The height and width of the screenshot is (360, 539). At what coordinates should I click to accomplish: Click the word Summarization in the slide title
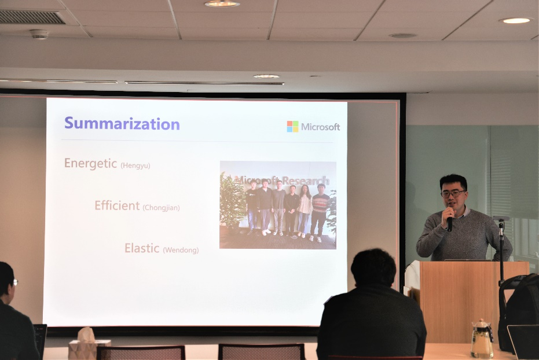coord(122,124)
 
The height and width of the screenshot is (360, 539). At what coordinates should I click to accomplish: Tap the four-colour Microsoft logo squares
coord(292,126)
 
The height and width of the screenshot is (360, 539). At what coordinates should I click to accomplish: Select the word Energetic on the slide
coord(91,164)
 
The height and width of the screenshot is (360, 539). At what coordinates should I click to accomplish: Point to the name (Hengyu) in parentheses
coord(135,166)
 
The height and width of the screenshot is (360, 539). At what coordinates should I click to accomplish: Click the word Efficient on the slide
coord(117,205)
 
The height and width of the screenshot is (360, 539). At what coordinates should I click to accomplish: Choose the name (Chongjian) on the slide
coord(161,207)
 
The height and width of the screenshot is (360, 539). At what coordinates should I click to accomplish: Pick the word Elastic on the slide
coord(142,248)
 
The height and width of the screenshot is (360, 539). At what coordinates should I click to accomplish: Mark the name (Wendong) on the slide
coord(181,250)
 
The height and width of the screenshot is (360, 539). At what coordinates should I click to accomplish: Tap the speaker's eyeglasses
coord(453,193)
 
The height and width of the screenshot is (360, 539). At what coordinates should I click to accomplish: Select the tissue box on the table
coord(89,344)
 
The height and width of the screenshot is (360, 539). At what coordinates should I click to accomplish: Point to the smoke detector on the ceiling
coord(39,34)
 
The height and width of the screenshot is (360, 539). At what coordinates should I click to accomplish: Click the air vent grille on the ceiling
coord(32,17)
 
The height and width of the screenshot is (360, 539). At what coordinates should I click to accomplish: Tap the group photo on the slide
coord(278,205)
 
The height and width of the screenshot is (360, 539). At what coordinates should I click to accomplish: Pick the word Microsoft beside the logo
coord(320,127)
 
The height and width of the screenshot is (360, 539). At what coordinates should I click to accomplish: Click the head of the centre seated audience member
coord(373,268)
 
